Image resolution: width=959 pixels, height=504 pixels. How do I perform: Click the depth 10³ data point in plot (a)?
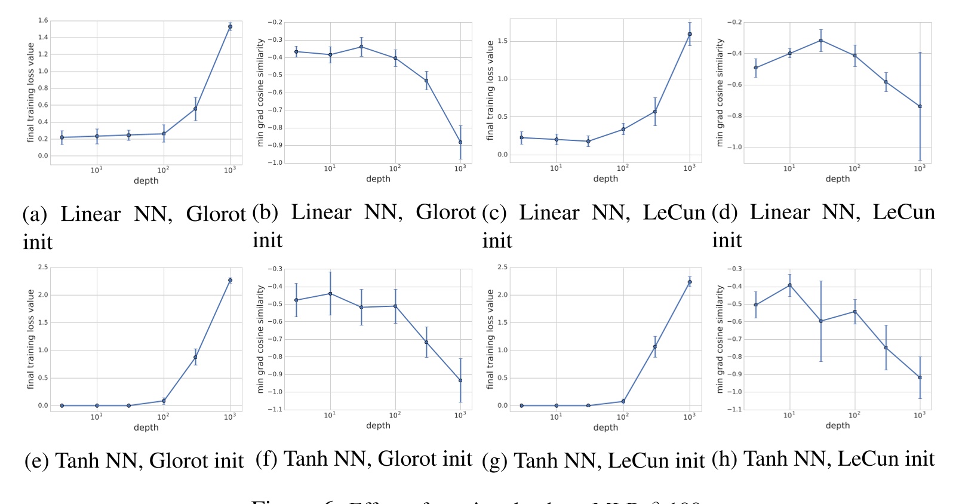pos(230,27)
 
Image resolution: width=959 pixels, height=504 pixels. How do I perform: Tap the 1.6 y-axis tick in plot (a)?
pos(43,20)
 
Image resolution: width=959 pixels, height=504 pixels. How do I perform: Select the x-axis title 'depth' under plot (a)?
pos(146,181)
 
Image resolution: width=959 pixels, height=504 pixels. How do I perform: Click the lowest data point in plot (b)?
pos(460,142)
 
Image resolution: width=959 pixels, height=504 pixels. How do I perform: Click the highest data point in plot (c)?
pos(690,34)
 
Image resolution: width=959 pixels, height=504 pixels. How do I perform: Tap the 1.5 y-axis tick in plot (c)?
pos(502,41)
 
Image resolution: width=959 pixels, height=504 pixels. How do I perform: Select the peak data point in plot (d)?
pos(821,41)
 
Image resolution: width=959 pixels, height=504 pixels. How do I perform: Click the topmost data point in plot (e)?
pos(230,280)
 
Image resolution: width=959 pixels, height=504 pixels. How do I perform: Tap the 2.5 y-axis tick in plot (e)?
pos(43,267)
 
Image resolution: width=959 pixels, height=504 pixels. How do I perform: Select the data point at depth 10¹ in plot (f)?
pos(330,294)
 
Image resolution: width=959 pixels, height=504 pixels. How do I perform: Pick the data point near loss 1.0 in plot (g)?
pos(655,347)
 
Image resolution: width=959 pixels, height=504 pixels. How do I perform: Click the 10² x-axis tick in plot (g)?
pos(623,417)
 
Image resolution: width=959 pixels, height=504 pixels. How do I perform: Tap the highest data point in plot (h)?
pos(789,285)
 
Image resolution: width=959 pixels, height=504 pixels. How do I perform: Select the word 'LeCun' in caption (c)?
pos(674,213)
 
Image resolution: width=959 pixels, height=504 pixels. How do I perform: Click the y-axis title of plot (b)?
pos(260,93)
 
